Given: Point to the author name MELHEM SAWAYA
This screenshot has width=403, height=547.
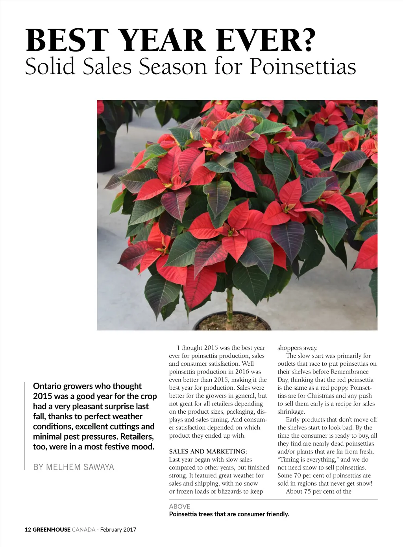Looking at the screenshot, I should pos(74,467).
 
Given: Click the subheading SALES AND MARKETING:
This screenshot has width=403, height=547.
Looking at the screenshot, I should pos(208,451).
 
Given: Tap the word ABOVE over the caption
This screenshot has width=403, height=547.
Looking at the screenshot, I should pos(179,506).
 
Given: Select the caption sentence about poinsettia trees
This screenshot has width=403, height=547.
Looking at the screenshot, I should pos(229,514).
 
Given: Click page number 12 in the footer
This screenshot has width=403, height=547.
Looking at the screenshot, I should pos(28,530).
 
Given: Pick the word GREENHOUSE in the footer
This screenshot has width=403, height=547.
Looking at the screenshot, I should pos(51,530).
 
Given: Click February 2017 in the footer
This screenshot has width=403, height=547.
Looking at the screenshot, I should pos(118,530).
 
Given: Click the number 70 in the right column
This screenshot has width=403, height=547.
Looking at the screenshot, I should pos(297,475).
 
